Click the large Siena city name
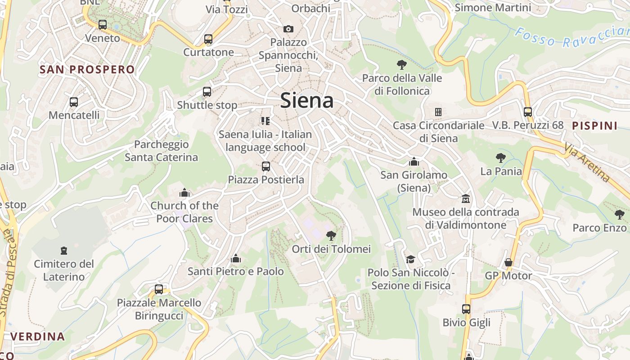[307, 100]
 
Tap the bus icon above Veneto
[103, 25]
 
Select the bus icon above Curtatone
[208, 39]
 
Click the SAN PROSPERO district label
[87, 69]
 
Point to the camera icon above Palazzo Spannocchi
[288, 29]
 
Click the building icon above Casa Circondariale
[438, 112]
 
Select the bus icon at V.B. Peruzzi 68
[528, 112]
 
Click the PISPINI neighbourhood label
[594, 126]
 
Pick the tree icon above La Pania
[500, 158]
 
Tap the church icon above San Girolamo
[414, 162]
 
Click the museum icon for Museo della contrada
[465, 198]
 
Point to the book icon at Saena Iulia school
[265, 121]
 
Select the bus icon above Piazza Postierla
[266, 166]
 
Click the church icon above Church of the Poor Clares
[184, 193]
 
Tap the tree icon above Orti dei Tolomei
[331, 235]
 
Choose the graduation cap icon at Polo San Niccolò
[410, 259]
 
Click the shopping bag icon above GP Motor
[508, 262]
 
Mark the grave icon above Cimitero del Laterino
[64, 250]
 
